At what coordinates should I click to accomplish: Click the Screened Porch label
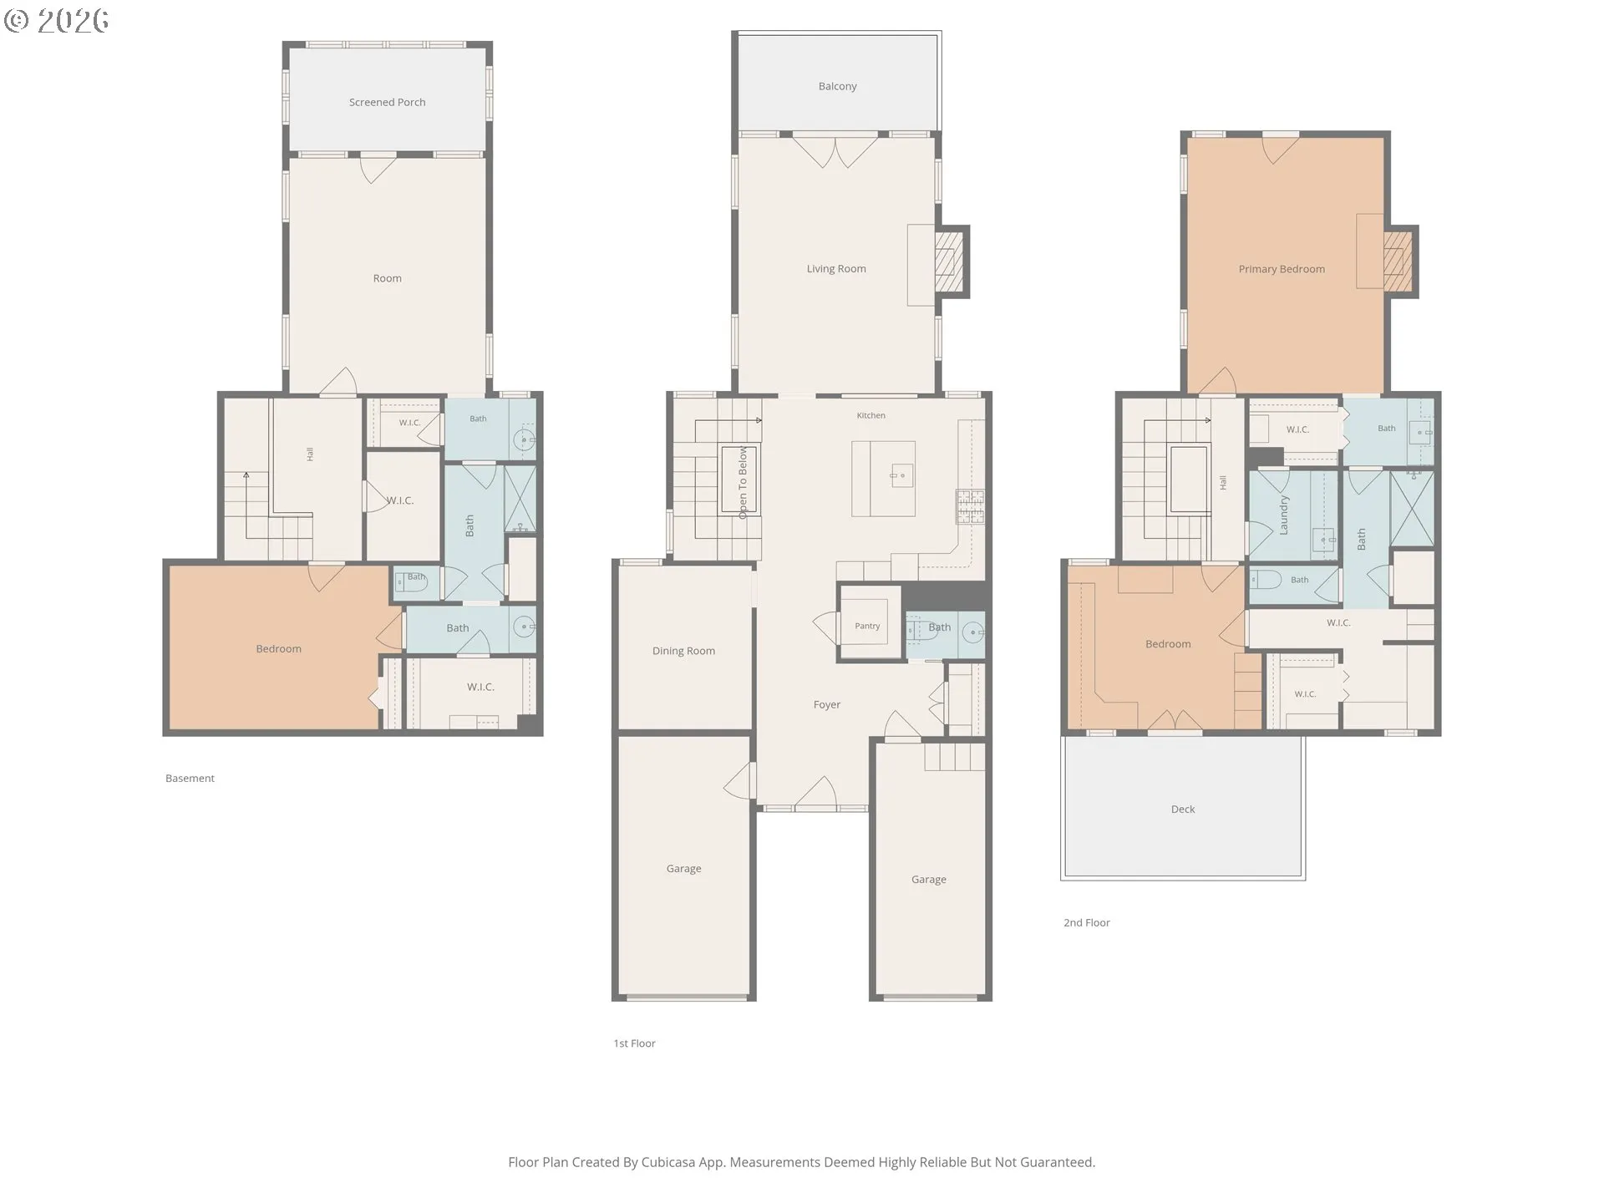tap(387, 103)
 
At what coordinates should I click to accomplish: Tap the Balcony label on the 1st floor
tap(837, 87)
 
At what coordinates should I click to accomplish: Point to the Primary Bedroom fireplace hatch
tap(1397, 261)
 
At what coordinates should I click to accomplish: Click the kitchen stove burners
tap(970, 506)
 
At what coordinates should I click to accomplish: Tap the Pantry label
tap(867, 626)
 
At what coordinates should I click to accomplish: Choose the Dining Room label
tap(683, 652)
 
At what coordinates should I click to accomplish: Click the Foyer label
tap(827, 705)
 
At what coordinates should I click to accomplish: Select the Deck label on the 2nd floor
tap(1183, 810)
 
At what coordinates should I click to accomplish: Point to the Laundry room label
tap(1284, 515)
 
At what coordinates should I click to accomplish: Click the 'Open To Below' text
tap(743, 483)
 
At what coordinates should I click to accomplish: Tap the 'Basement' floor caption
tap(190, 779)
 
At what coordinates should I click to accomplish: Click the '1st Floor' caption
tap(635, 1043)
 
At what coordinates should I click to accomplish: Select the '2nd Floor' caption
tap(1087, 923)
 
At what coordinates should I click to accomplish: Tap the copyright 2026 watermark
tap(57, 21)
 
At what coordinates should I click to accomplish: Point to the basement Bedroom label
tap(278, 649)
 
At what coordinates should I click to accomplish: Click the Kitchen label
tap(871, 416)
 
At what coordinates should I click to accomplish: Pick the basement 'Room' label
tap(387, 279)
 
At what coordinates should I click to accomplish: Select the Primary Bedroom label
tap(1282, 270)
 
